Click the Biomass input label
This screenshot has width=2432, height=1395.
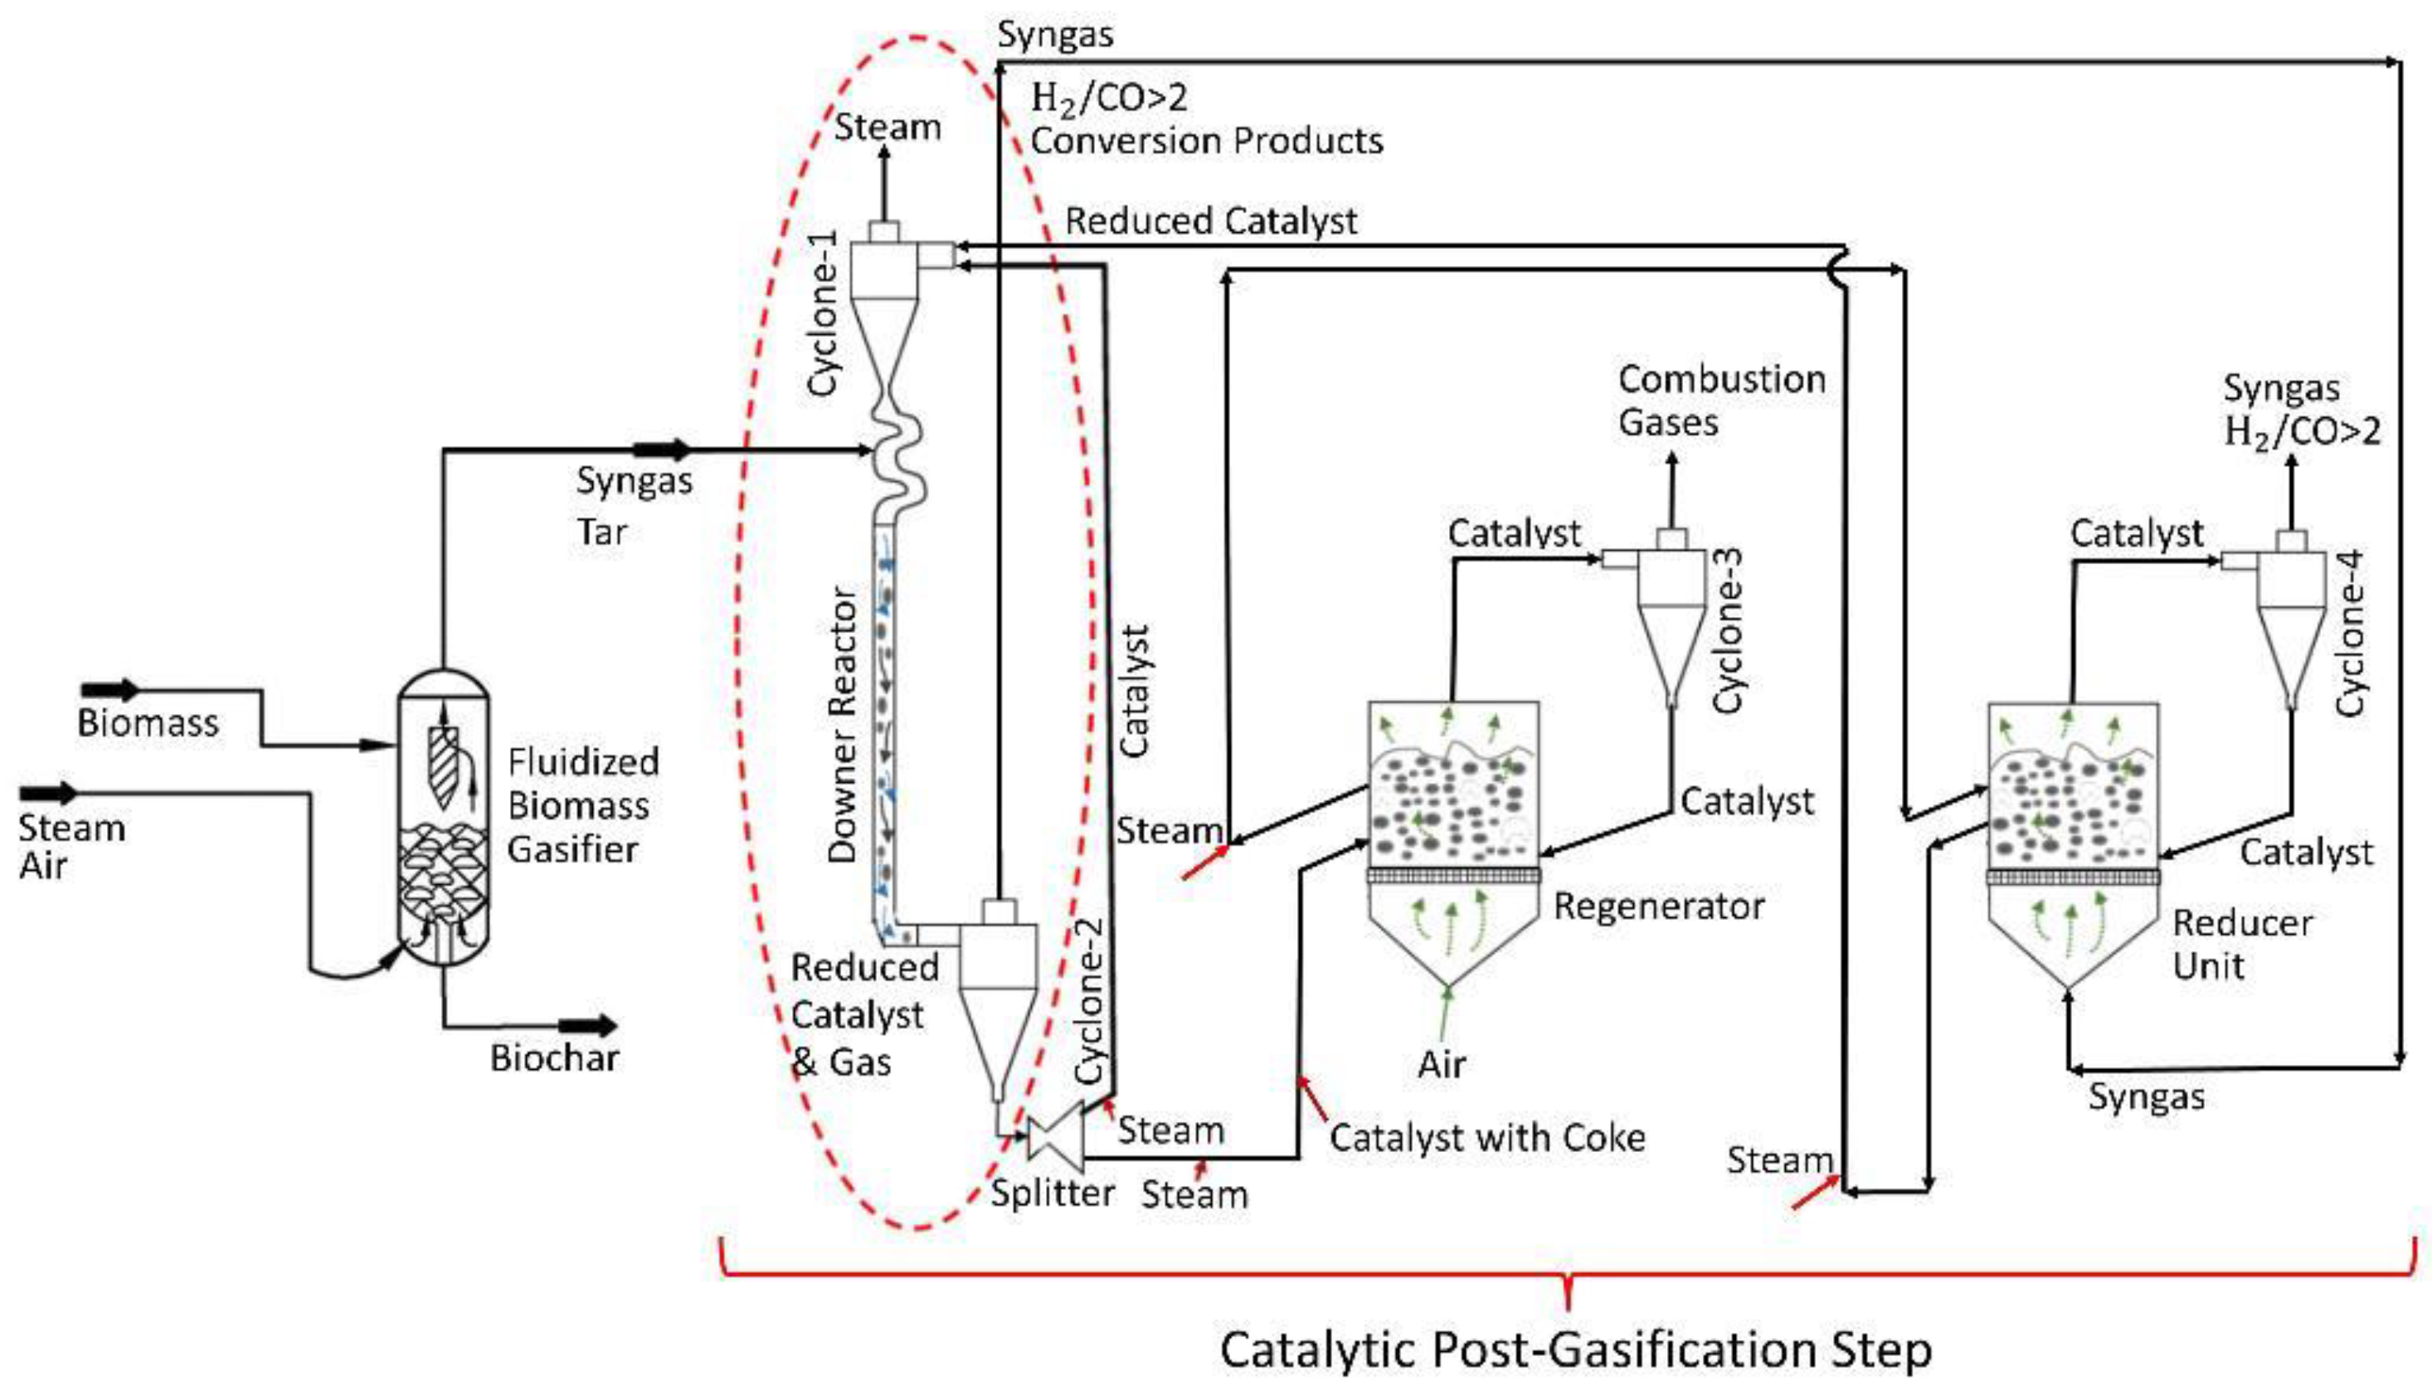(x=148, y=723)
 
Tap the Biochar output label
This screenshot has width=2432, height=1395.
(x=554, y=1057)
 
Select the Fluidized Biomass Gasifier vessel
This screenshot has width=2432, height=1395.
(x=443, y=814)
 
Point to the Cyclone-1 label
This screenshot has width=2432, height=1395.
(x=823, y=314)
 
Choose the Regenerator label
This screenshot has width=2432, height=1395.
(x=1659, y=906)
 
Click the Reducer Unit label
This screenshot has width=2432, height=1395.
(x=2241, y=944)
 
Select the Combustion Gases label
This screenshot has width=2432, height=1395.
(x=1721, y=401)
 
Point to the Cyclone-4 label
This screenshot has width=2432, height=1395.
(x=2350, y=632)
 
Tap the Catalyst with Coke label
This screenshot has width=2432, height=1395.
(x=1487, y=1137)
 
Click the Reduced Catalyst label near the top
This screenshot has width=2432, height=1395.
(x=1210, y=221)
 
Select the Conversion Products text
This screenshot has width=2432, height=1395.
(x=1206, y=142)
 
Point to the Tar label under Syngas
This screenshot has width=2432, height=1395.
(x=601, y=532)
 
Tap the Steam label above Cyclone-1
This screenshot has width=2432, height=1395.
(x=888, y=128)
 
